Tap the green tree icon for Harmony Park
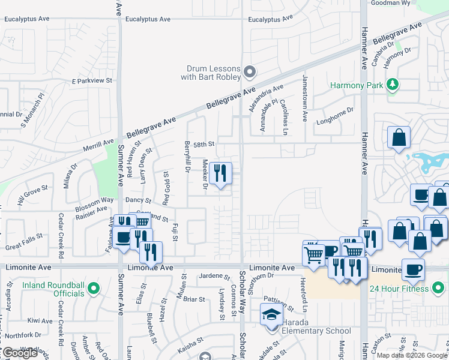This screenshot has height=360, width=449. coord(393,85)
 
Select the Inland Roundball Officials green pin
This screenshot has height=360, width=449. coord(92,289)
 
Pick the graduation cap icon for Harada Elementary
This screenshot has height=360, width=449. coord(271,314)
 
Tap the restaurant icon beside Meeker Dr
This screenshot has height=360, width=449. coord(221,174)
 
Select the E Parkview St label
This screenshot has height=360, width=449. coord(92,80)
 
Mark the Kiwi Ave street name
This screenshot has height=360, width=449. coord(40,321)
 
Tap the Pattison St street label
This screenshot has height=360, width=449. coord(278,302)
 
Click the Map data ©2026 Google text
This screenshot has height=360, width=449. coord(412,355)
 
